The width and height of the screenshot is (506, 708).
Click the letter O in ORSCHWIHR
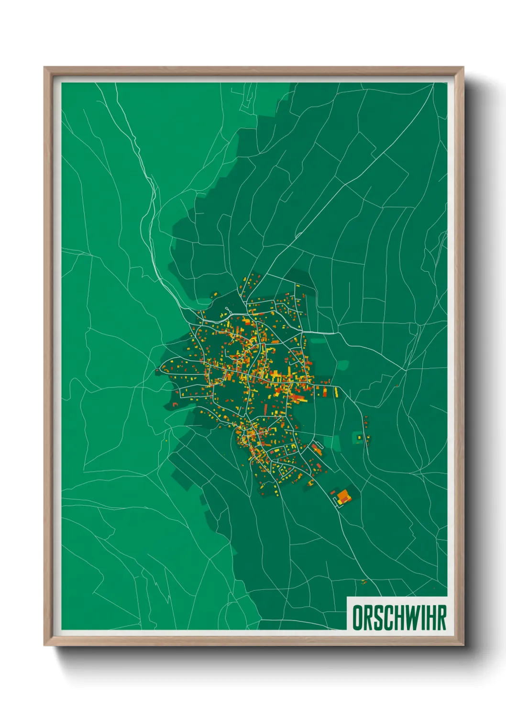357,618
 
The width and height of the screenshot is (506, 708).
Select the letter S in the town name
377,618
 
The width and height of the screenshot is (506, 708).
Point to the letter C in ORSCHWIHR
387,618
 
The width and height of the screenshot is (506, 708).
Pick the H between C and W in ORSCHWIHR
397,618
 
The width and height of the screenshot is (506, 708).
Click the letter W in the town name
409,618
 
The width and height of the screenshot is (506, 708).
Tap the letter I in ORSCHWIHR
419,618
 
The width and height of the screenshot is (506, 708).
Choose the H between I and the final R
428,618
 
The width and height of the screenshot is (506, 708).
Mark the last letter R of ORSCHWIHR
440,618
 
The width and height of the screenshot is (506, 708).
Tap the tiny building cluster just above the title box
364,582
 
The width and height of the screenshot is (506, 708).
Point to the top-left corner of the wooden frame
45,68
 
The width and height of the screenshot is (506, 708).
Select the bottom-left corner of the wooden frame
45,645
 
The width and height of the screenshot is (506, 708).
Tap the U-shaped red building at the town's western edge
175,405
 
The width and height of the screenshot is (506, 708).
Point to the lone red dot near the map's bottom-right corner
434,588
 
